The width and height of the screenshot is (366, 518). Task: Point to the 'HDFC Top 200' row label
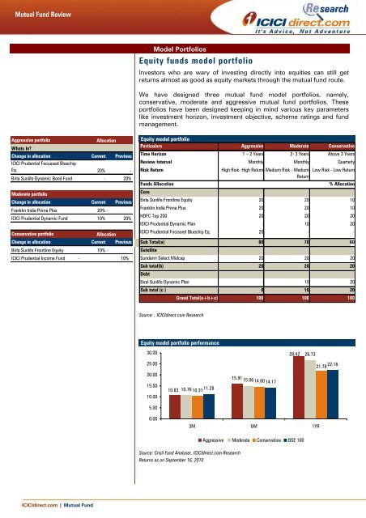156,204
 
